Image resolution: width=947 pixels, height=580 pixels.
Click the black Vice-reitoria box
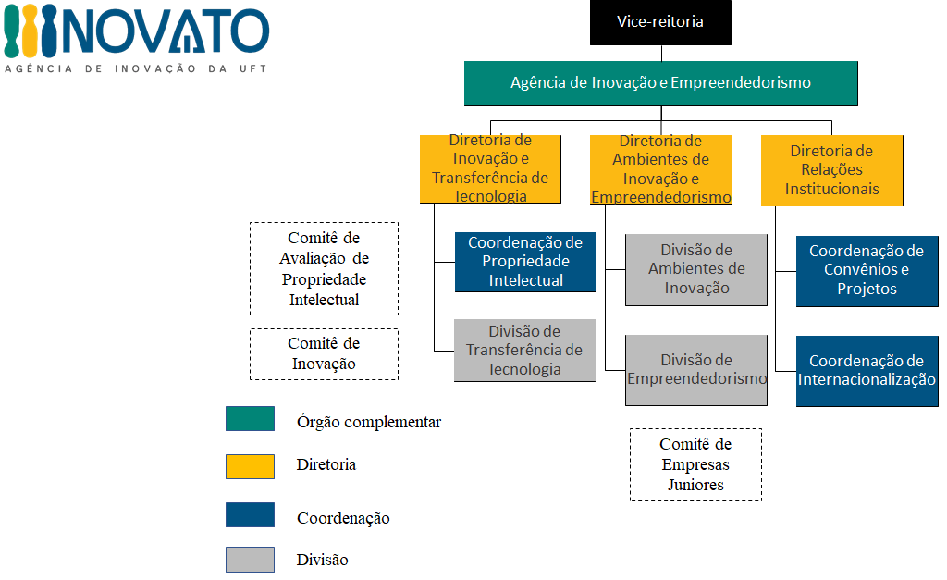tap(660, 22)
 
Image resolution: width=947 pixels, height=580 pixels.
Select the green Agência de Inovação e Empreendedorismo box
tap(660, 83)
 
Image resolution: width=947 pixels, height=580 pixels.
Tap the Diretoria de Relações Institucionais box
tap(831, 170)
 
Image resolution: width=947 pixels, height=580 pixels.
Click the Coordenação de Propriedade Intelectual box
tap(525, 262)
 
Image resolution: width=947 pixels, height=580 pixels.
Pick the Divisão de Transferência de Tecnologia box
tap(524, 351)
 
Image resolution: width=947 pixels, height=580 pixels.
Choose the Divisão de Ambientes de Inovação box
tap(696, 270)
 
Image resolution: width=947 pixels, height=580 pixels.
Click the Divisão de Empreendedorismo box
tap(696, 370)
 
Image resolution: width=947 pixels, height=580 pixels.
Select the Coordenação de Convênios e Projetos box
tap(867, 271)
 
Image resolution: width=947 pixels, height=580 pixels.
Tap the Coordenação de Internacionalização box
tap(867, 371)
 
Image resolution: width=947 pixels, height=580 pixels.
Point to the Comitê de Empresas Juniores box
tap(695, 464)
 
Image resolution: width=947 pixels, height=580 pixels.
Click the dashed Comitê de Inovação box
tap(325, 354)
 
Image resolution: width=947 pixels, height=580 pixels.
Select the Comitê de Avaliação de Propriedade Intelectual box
tap(325, 269)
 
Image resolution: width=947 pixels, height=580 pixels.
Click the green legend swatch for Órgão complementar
tap(250, 419)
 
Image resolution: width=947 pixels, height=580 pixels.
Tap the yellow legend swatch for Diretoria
tap(250, 467)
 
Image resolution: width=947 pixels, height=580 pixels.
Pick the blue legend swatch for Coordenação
tap(250, 514)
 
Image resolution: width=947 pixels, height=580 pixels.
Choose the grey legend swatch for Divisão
tap(250, 560)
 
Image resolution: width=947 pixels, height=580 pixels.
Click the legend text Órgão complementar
tap(368, 422)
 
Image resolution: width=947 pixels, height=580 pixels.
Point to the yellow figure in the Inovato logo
tap(30, 31)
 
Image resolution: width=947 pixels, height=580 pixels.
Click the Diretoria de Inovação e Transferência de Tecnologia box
tap(490, 168)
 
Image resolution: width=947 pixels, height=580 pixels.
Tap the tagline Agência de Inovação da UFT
tap(136, 68)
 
